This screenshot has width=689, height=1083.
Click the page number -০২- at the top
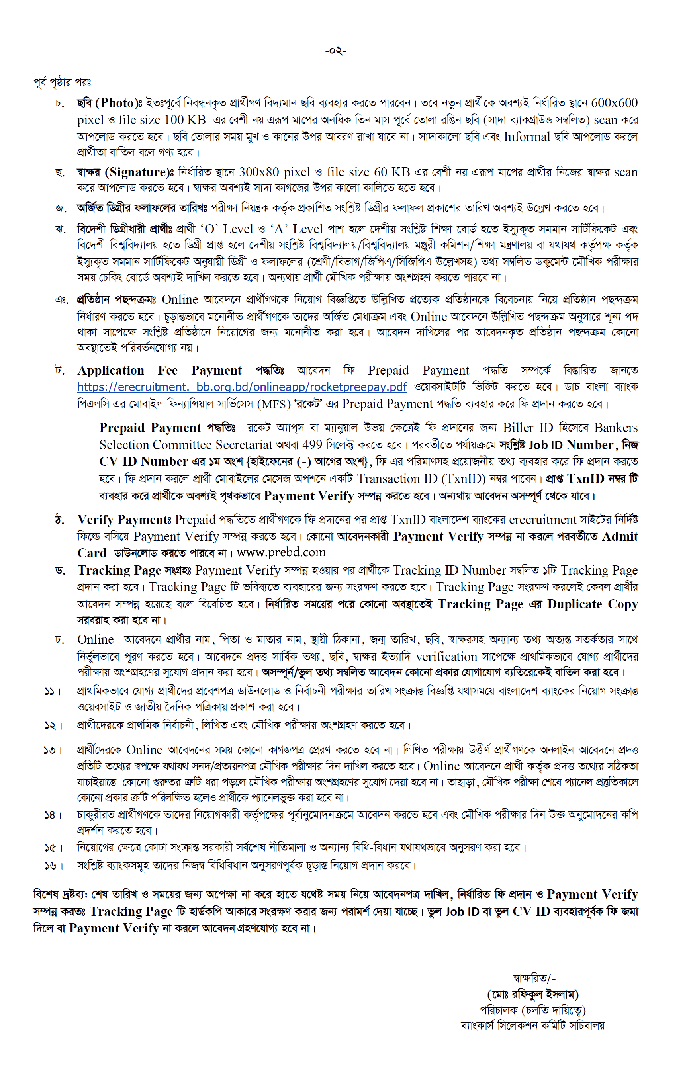pyautogui.click(x=335, y=51)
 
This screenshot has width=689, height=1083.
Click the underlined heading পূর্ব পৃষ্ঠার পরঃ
pyautogui.click(x=62, y=82)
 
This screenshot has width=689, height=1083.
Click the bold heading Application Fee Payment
pyautogui.click(x=159, y=371)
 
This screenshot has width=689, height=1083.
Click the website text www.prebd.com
pyautogui.click(x=281, y=552)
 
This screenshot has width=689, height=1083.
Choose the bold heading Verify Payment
pyautogui.click(x=123, y=520)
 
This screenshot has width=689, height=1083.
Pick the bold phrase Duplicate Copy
pyautogui.click(x=592, y=604)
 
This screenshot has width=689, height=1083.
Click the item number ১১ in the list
pyautogui.click(x=51, y=691)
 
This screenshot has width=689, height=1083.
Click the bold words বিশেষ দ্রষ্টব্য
pyautogui.click(x=60, y=895)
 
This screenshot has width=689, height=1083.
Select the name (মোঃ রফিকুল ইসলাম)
pyautogui.click(x=532, y=994)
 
